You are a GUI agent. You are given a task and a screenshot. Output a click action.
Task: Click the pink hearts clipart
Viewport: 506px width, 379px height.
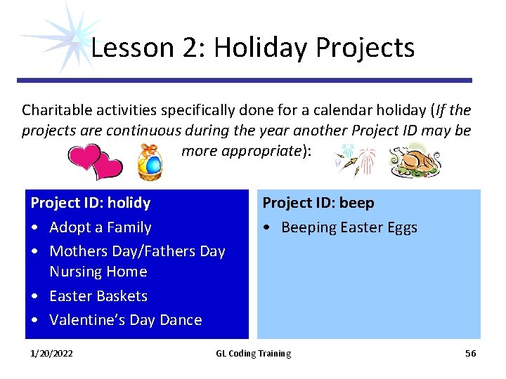[96, 161]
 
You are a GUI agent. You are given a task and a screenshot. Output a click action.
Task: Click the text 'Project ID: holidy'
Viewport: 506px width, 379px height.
[91, 203]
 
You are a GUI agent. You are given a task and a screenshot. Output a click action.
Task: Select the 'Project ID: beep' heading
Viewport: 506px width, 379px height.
[318, 203]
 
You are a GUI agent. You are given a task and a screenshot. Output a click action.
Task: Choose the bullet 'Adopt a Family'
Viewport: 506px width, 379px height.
[100, 227]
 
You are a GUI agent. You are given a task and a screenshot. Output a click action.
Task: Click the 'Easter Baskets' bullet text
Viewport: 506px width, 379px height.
[98, 295]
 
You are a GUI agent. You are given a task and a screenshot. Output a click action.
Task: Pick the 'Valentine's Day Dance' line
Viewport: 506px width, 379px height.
[126, 319]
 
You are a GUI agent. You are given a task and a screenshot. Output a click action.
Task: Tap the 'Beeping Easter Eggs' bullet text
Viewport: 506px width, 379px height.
[349, 227]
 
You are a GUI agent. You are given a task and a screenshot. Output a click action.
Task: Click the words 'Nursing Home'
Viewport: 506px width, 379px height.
[98, 271]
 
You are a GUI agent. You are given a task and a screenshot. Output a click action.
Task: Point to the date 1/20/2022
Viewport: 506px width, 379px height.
[51, 353]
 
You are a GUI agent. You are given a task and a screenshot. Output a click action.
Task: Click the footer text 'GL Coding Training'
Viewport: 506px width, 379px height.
[253, 353]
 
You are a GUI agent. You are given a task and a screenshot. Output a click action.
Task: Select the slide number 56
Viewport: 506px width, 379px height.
[470, 353]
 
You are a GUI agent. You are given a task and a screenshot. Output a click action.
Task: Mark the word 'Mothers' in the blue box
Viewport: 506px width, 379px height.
[77, 251]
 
